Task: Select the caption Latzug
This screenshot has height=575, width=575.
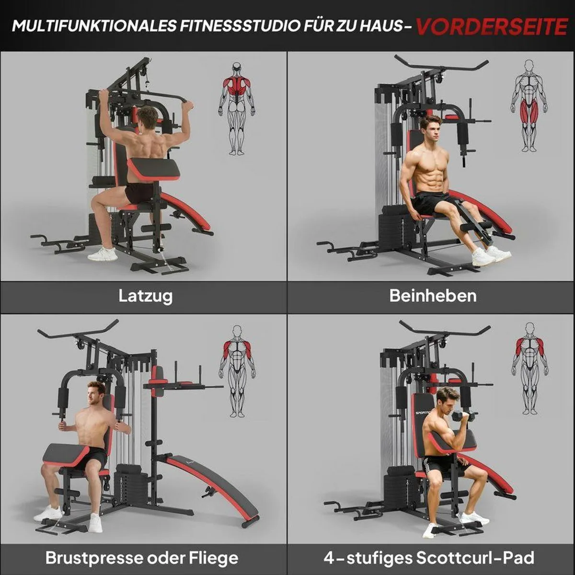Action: [x=146, y=297]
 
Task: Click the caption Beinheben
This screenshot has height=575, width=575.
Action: [x=433, y=296]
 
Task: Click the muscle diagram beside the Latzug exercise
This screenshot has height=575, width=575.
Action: [x=237, y=109]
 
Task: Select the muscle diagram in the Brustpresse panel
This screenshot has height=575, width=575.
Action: [x=237, y=372]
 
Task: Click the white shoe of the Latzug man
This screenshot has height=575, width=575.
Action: [x=102, y=254]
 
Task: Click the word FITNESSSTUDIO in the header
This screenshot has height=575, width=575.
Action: [x=241, y=26]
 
